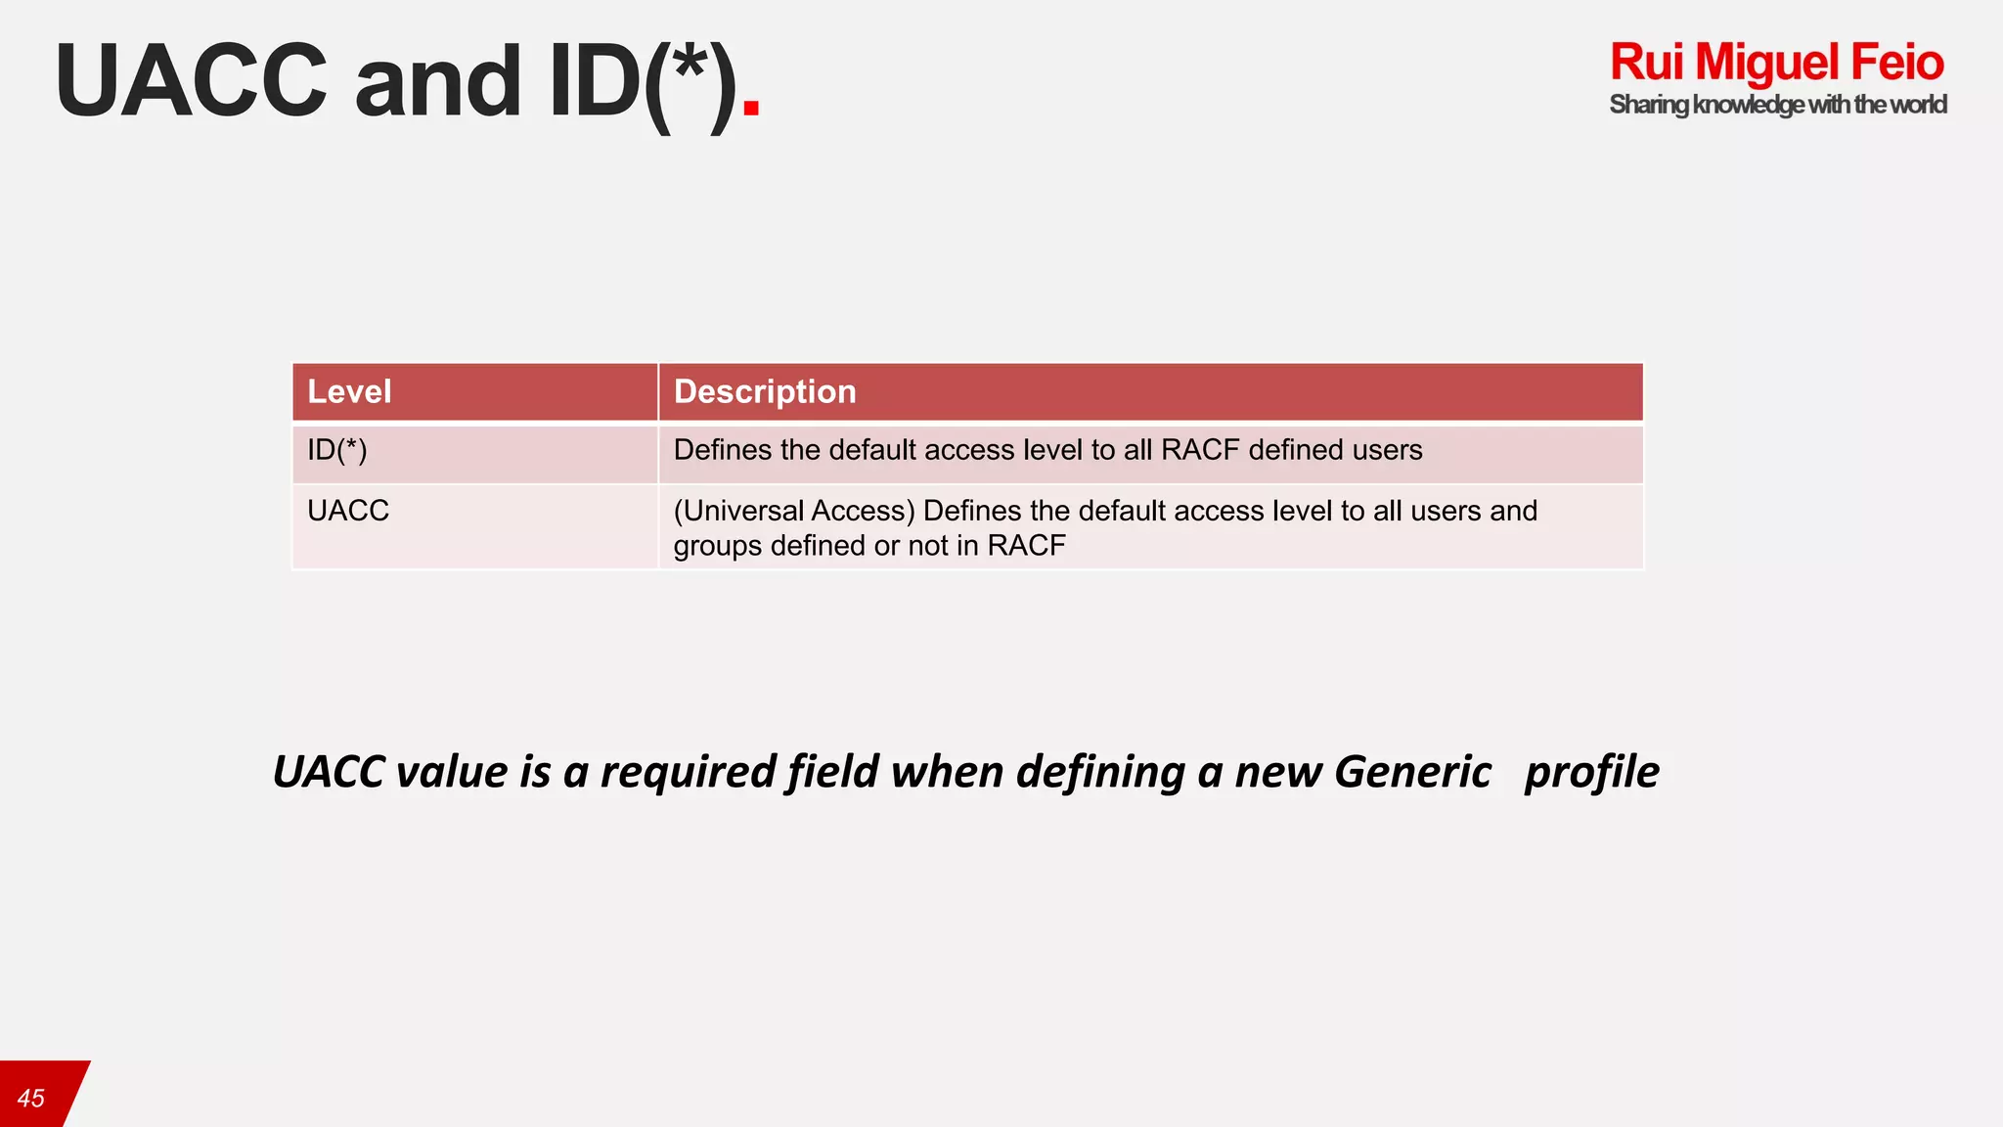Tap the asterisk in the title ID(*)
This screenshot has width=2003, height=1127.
[690, 63]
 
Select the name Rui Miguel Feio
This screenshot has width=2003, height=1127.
[1776, 63]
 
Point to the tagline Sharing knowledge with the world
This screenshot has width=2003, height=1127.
[1777, 105]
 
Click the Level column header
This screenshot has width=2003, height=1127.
[349, 392]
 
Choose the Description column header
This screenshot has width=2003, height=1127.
[765, 392]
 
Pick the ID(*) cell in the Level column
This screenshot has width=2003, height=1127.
[337, 450]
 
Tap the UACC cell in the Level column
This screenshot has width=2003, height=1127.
[348, 511]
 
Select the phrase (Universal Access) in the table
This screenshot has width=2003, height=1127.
[794, 511]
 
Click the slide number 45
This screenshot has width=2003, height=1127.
[31, 1099]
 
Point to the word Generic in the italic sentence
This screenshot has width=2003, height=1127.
[1412, 772]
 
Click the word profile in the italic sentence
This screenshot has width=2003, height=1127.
[1591, 772]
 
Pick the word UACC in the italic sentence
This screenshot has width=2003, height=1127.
[329, 772]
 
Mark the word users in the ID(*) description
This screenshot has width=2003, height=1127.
[1387, 450]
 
